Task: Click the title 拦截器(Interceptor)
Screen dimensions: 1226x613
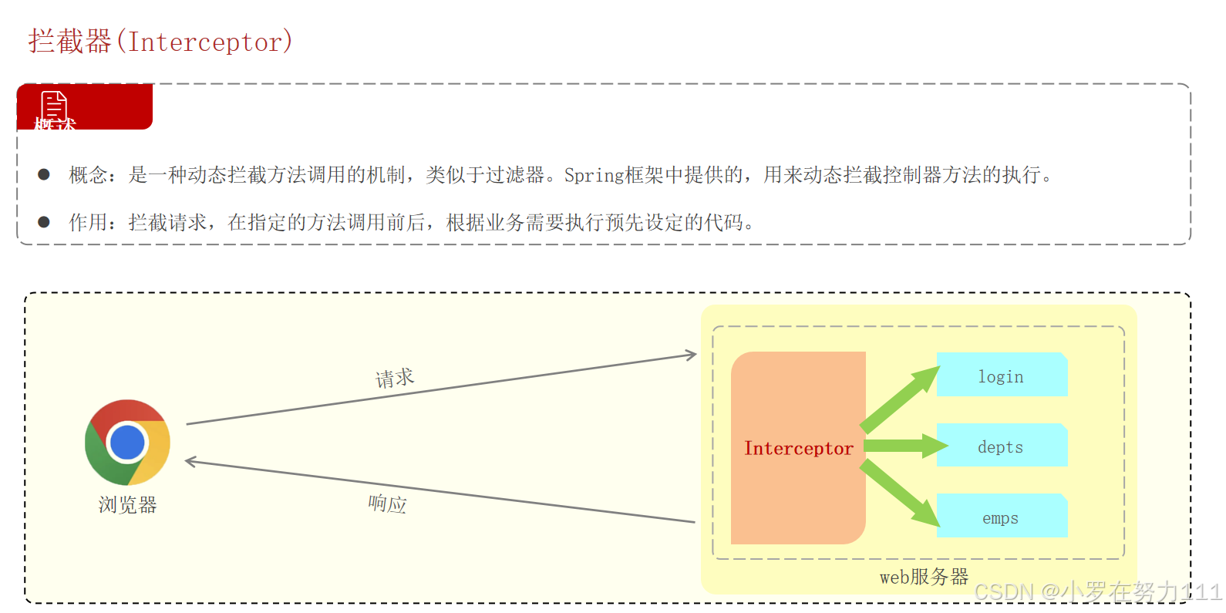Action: (x=160, y=42)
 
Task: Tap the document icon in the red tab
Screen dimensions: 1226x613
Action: (x=54, y=105)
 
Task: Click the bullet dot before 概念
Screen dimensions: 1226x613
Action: (x=44, y=175)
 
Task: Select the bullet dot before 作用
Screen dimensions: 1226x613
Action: (x=44, y=222)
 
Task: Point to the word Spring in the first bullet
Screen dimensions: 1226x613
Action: (x=594, y=176)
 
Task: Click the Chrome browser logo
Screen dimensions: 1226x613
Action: (x=127, y=443)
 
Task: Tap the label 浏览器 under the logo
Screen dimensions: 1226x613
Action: (x=127, y=505)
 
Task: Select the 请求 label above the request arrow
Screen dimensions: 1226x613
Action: (x=395, y=378)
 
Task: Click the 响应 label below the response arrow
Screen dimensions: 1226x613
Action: (x=387, y=504)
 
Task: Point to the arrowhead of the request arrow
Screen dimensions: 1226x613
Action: (x=691, y=355)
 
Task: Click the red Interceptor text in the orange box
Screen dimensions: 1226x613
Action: (x=798, y=449)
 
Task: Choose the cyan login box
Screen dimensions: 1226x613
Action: (x=1002, y=376)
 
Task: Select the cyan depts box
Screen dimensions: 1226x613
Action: (x=1002, y=446)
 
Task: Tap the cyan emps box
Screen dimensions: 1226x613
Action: (x=1002, y=517)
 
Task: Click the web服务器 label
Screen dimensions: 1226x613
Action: (x=924, y=577)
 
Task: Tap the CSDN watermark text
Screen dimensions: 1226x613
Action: (x=1097, y=592)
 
